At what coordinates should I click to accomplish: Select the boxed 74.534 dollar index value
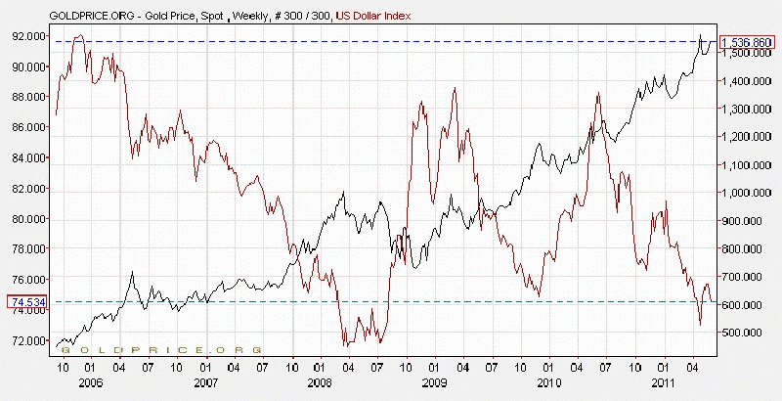tap(24, 302)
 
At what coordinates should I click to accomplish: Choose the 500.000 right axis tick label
tap(746, 333)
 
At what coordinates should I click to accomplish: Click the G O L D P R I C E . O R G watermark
tap(161, 348)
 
